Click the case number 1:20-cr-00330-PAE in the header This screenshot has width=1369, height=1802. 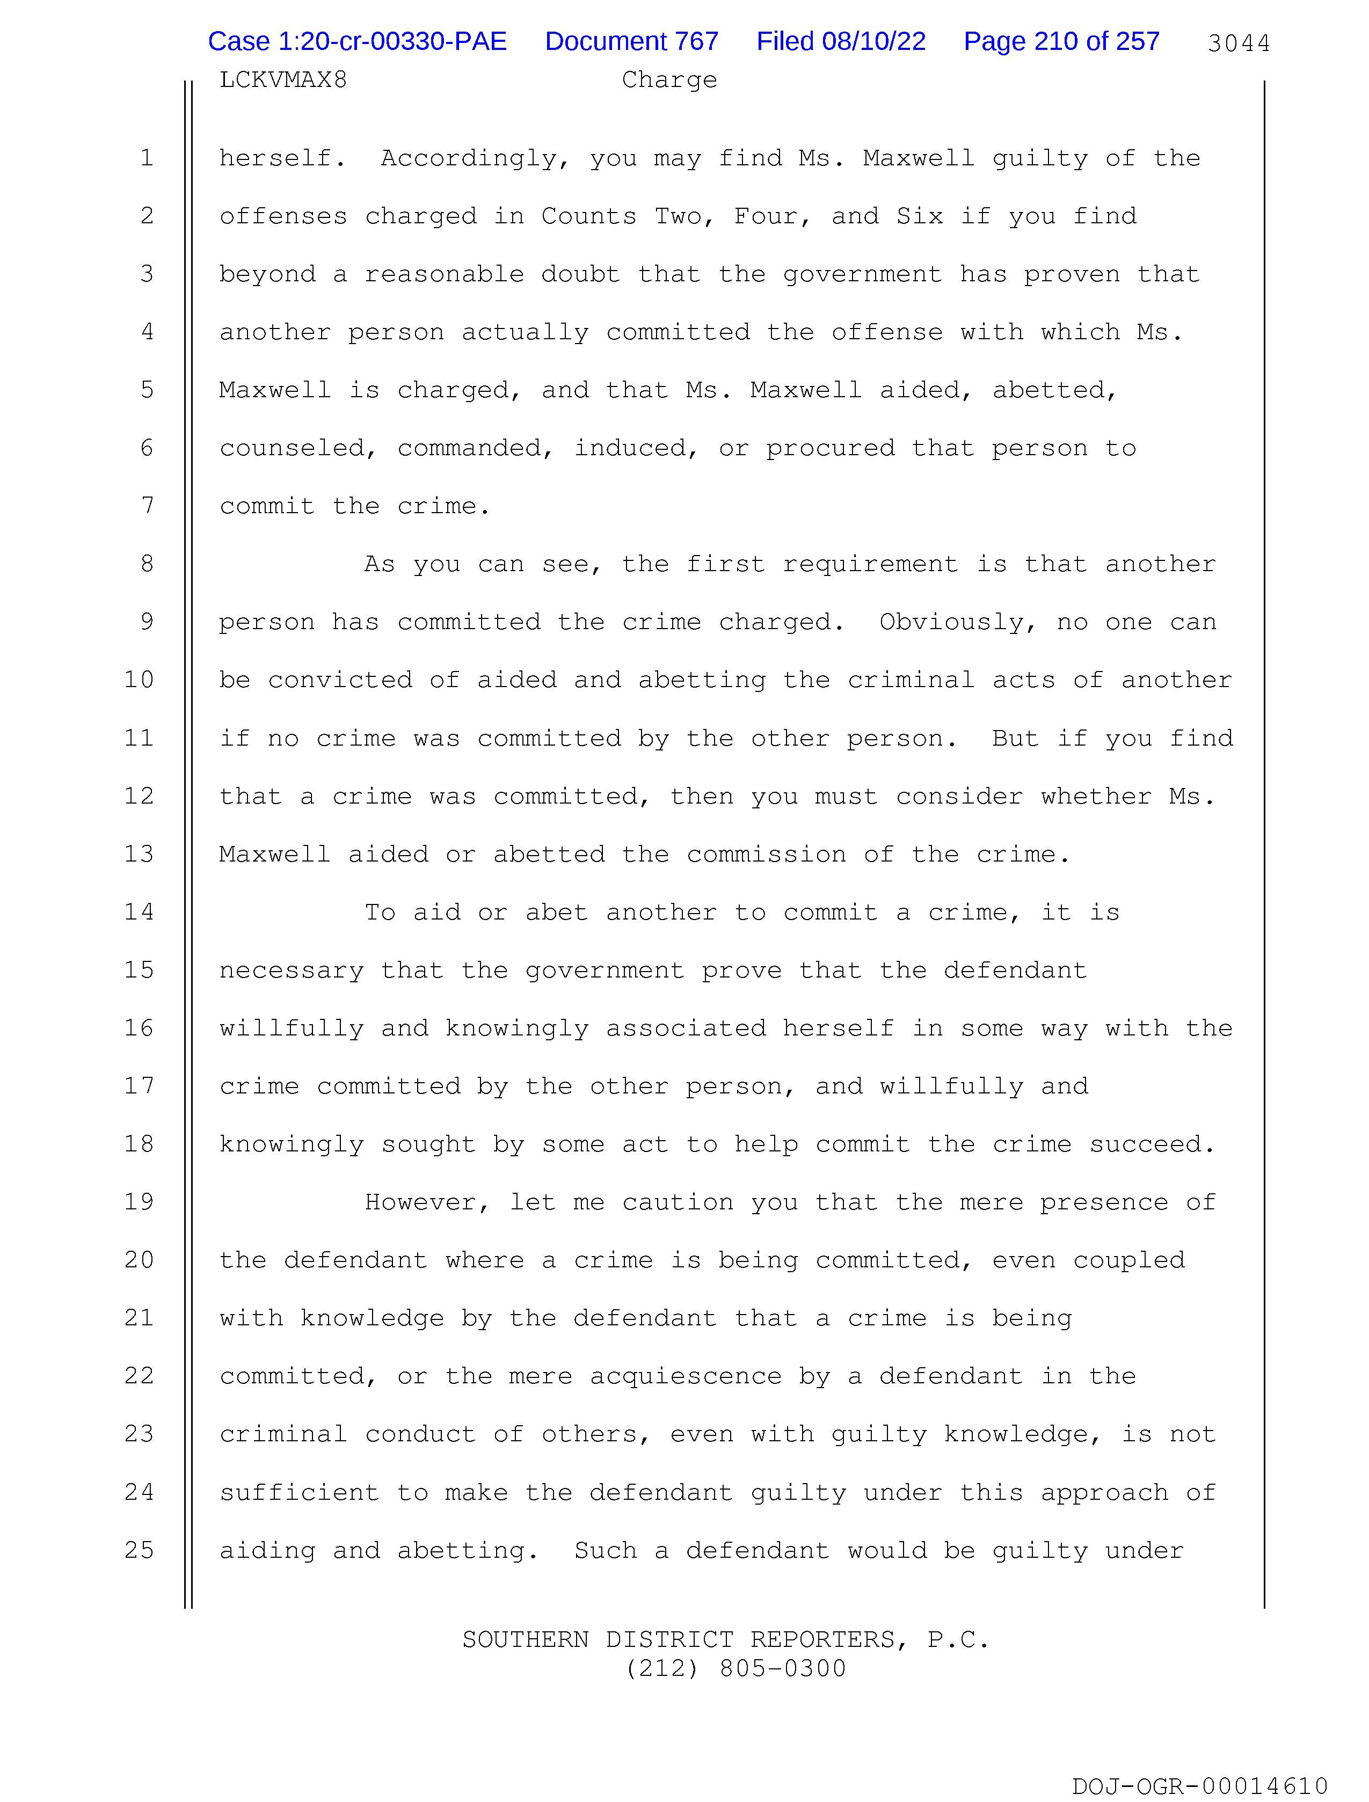pos(357,41)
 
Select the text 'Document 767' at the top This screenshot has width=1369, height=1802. pos(631,41)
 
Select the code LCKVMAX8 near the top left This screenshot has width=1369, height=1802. pos(283,80)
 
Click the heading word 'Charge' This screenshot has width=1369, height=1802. pos(669,80)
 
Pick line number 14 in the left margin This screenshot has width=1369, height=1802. pos(140,911)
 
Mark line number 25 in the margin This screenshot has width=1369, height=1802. pos(140,1550)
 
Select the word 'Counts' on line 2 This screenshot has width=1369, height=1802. pos(589,216)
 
